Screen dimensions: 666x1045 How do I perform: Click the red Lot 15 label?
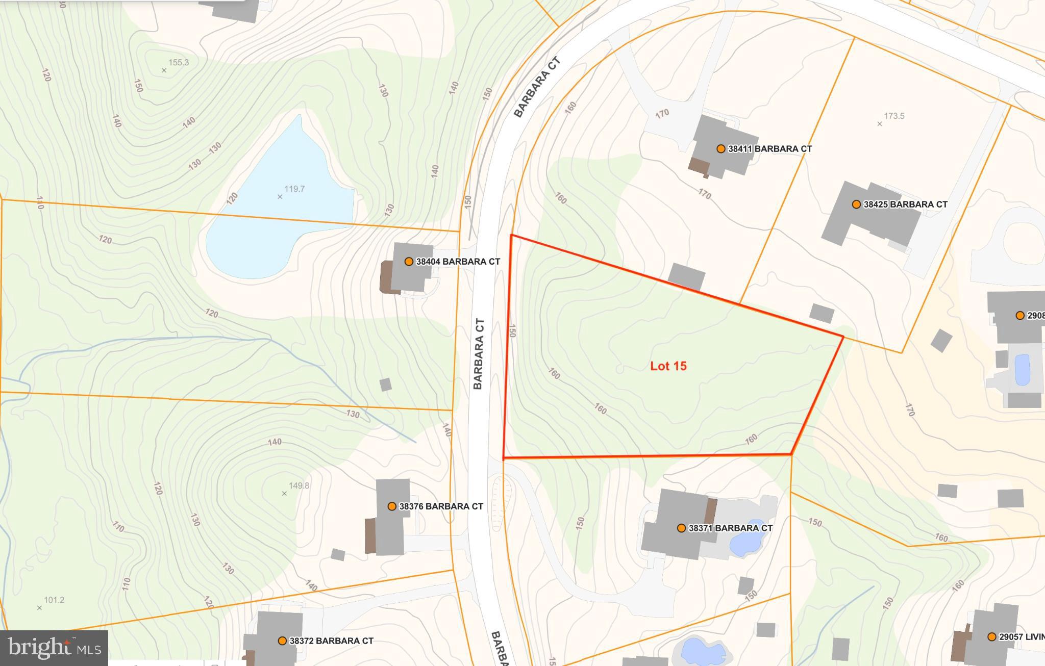point(668,366)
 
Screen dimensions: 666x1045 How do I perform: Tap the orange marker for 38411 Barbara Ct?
point(720,149)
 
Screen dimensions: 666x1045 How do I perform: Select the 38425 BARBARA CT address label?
point(905,204)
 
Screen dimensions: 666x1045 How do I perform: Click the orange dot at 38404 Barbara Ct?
point(409,262)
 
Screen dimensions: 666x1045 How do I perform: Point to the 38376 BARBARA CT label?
point(441,506)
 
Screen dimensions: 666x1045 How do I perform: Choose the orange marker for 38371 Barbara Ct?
point(681,528)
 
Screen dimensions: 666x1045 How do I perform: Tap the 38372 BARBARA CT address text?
point(331,641)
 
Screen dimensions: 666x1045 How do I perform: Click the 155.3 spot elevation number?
point(179,63)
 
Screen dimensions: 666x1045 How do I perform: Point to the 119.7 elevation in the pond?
point(294,189)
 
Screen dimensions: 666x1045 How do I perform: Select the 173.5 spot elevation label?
point(894,116)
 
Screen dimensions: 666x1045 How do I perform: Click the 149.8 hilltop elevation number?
point(299,485)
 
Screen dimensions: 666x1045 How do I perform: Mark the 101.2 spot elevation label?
point(54,600)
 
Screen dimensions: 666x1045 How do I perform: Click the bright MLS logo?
point(54,648)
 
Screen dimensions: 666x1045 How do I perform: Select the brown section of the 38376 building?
point(371,536)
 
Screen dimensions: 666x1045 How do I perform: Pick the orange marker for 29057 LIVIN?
point(991,637)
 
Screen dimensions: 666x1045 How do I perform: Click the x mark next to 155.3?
point(164,70)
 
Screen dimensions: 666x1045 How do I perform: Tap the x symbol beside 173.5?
point(879,124)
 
